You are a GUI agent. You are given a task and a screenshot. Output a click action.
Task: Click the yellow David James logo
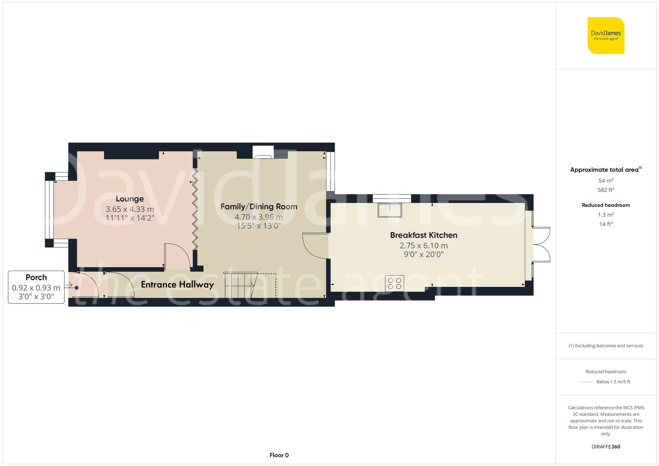click(606, 36)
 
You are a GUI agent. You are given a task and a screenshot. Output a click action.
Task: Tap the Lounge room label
click(129, 199)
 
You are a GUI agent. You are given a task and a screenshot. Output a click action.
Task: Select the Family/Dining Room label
click(259, 207)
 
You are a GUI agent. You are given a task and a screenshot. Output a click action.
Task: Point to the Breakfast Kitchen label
click(423, 235)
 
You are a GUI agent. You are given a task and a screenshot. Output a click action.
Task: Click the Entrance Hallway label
click(177, 285)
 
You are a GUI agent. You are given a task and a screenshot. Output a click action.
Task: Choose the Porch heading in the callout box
click(36, 277)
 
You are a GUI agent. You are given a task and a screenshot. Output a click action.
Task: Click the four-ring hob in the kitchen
click(394, 283)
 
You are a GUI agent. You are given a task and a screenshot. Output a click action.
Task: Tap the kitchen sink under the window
click(390, 210)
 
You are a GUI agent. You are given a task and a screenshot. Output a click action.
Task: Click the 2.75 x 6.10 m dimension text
click(423, 246)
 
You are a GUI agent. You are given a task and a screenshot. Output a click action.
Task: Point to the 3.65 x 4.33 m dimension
click(129, 209)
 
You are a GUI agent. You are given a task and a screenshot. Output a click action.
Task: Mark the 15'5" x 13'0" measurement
click(259, 226)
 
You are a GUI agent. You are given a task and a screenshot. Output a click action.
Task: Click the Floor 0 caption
click(279, 455)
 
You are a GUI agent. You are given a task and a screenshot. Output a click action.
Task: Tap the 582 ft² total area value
click(606, 190)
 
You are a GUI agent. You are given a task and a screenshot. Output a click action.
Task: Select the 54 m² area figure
click(606, 181)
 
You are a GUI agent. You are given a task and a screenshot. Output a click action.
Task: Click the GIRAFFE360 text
click(606, 447)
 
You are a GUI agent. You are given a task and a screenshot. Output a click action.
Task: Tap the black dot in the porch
click(77, 288)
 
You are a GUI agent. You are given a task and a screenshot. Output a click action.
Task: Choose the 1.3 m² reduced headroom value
click(606, 215)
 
